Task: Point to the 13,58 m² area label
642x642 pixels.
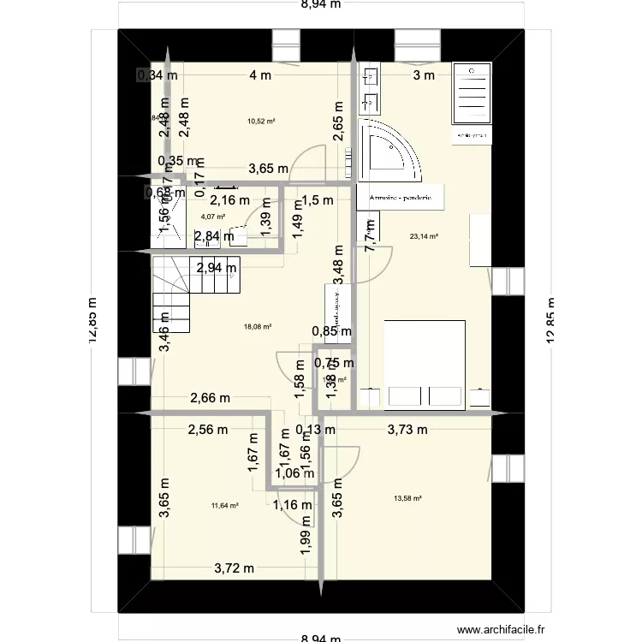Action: click(x=407, y=498)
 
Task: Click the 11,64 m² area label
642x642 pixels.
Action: click(x=224, y=505)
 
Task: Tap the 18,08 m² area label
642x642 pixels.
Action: click(x=258, y=326)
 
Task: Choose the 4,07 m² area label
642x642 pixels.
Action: click(x=201, y=217)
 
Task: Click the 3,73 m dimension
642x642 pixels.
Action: click(x=407, y=430)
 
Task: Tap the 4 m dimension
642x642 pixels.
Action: click(x=260, y=75)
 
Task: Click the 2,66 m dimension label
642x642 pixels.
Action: click(x=211, y=398)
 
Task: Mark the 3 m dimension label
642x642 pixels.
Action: click(x=424, y=75)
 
